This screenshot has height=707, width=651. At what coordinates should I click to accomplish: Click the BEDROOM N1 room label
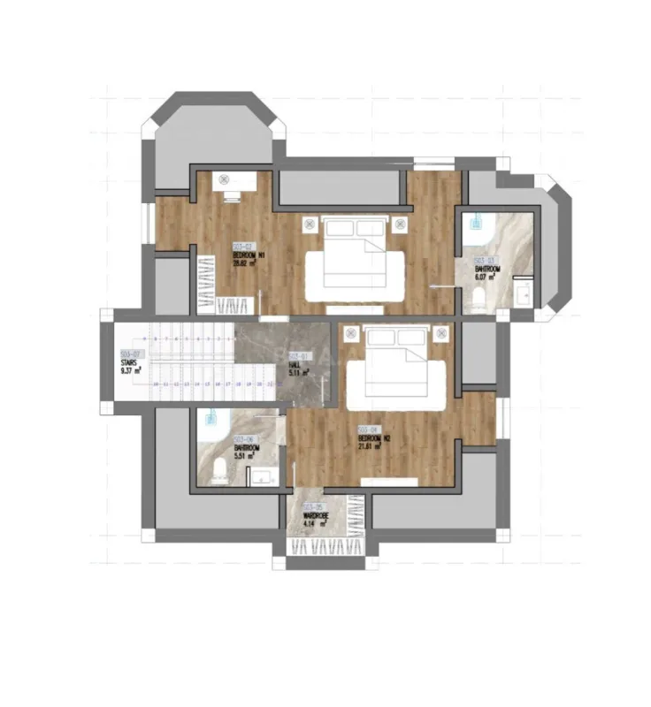pyautogui.click(x=249, y=255)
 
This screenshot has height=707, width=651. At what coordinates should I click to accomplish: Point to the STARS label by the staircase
pyautogui.click(x=129, y=362)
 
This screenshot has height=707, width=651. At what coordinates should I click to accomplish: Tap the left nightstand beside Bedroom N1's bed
pyautogui.click(x=310, y=224)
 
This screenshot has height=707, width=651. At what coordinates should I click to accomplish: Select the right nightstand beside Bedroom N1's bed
pyautogui.click(x=401, y=224)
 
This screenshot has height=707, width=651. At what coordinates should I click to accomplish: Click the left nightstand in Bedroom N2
pyautogui.click(x=351, y=333)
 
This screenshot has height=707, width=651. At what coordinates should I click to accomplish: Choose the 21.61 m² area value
pyautogui.click(x=371, y=446)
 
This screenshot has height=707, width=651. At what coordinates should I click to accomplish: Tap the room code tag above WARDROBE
pyautogui.click(x=312, y=507)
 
